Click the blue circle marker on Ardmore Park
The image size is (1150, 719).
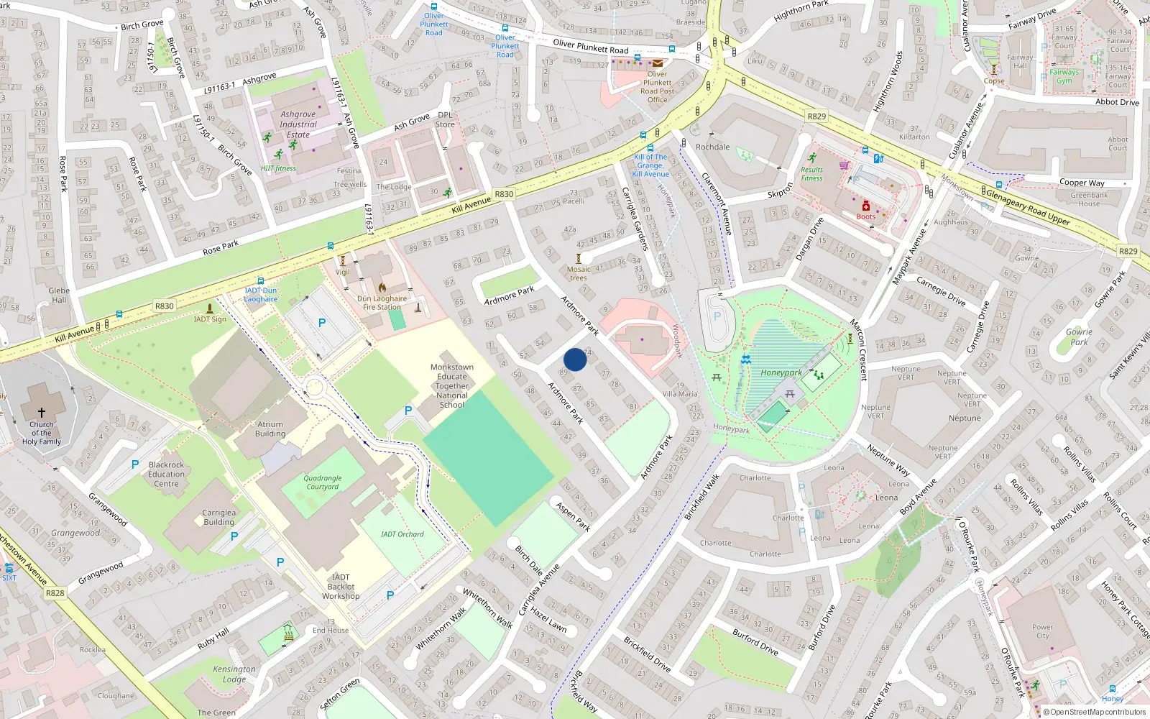point(575,359)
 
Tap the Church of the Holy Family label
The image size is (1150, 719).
point(41,433)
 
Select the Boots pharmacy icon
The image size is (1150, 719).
point(866,206)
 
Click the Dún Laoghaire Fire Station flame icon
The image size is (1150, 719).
point(382,288)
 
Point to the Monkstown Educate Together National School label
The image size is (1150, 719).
point(452,386)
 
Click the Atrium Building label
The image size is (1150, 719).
point(270,429)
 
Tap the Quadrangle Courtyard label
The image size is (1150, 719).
point(323,482)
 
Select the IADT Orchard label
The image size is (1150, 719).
point(402,534)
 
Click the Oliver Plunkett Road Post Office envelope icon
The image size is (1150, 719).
point(657,63)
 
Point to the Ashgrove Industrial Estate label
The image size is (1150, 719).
point(298,124)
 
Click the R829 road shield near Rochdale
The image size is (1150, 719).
point(816,116)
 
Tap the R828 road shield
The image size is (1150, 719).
point(55,593)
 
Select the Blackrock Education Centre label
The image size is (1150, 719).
point(166,475)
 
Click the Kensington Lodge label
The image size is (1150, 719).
point(234,674)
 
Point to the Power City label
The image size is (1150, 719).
point(1042,631)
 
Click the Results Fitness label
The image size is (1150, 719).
point(812,174)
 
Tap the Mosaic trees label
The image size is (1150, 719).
point(579,273)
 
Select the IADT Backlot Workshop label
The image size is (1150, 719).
point(341,587)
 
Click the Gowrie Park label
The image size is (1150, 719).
point(1079,336)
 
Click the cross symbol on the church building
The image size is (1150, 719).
point(42,412)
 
